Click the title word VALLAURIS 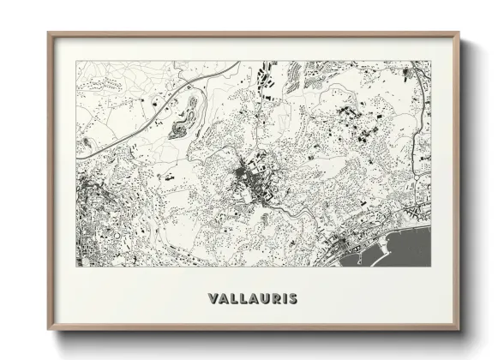point(252,299)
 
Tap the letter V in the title point(213,299)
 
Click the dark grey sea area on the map point(403,249)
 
